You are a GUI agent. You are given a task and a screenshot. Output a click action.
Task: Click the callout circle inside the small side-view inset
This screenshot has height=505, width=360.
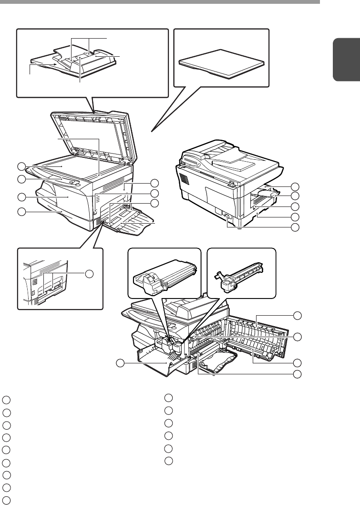89,274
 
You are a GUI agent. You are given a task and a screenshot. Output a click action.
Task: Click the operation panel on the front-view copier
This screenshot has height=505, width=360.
67,179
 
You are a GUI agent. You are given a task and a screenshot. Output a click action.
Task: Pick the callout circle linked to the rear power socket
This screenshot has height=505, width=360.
296,227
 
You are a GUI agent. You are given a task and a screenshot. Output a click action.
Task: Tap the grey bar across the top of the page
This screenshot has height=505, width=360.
160,2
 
